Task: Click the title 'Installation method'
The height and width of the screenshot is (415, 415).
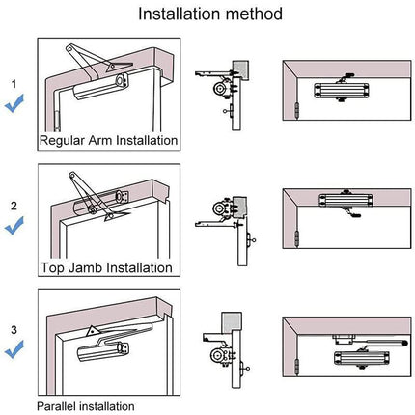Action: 209,14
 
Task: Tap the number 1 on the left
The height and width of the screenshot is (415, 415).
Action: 14,84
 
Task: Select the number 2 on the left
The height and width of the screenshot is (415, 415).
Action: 14,206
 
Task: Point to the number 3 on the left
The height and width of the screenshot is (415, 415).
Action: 14,329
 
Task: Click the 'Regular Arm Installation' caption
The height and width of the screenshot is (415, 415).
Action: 108,140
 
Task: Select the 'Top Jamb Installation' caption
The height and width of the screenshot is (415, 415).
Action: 106,267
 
